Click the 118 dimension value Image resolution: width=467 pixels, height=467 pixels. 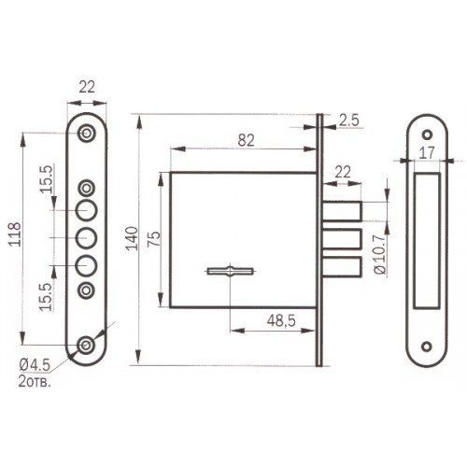tap(15, 234)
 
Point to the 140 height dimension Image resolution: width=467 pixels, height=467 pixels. tap(133, 238)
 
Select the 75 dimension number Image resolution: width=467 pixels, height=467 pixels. tap(154, 239)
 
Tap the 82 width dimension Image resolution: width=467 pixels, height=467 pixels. tap(247, 140)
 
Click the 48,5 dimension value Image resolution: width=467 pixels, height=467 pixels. tap(281, 320)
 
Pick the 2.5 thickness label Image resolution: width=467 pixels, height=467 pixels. tap(349, 120)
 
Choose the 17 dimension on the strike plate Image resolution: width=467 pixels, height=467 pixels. tap(427, 153)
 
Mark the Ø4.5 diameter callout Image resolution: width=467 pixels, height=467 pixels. tap(35, 365)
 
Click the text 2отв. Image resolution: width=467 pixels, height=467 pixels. tap(35, 382)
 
